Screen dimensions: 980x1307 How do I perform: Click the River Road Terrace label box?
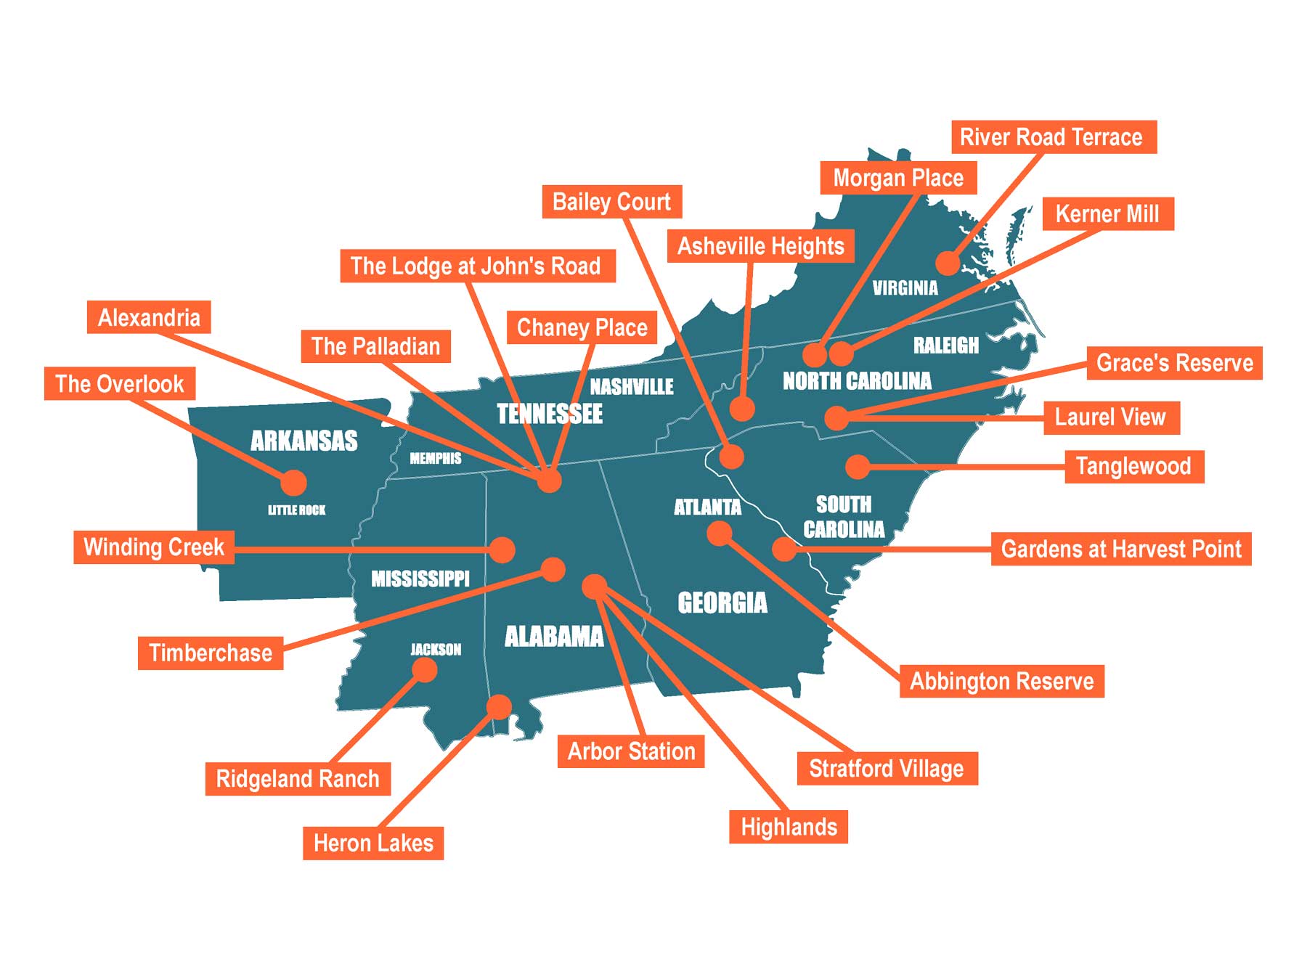click(1053, 137)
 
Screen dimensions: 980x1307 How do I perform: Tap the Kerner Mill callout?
click(1107, 214)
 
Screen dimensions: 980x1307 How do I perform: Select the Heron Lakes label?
click(373, 843)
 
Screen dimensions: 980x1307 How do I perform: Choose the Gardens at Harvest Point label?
click(1121, 549)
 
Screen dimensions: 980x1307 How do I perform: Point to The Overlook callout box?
click(120, 383)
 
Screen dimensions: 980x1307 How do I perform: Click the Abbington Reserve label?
click(1001, 681)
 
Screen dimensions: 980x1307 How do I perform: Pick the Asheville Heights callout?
click(760, 246)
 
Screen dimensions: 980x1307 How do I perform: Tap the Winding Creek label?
click(154, 547)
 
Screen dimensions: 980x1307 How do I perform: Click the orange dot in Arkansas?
click(293, 482)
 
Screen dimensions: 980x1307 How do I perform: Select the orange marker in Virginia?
click(948, 263)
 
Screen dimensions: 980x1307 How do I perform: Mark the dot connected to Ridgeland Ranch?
click(425, 669)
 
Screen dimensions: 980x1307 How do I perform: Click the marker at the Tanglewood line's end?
click(858, 466)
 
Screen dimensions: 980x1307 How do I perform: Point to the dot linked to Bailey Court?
click(731, 456)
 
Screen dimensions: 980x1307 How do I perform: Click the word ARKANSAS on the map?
click(304, 441)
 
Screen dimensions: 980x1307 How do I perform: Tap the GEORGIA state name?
click(722, 603)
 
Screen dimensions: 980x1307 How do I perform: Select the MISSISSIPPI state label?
click(420, 579)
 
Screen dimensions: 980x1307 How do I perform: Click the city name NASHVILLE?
click(632, 387)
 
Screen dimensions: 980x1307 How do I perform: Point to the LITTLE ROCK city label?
click(297, 510)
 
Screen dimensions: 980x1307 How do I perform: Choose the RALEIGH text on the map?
click(946, 346)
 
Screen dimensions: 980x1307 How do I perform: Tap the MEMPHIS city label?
click(436, 458)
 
